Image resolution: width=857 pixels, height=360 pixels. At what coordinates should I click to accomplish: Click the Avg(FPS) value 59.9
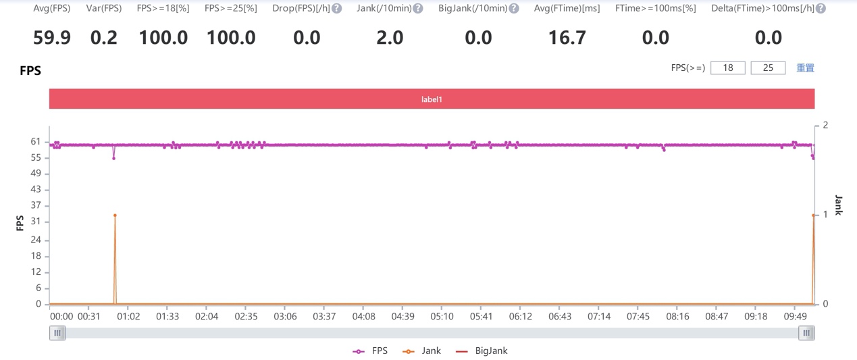(52, 38)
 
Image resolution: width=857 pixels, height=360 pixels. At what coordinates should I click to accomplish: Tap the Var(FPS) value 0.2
(104, 38)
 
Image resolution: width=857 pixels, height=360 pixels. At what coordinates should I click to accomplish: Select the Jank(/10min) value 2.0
(390, 38)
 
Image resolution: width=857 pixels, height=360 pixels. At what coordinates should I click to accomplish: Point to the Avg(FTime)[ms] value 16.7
(567, 38)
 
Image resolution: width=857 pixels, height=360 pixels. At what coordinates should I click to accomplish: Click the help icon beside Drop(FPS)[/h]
(337, 8)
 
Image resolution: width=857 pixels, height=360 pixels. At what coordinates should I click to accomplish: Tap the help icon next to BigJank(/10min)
(514, 8)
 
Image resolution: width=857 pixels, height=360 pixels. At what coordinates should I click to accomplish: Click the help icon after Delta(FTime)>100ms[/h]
(821, 8)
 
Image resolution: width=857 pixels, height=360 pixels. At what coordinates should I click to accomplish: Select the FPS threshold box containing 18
(728, 68)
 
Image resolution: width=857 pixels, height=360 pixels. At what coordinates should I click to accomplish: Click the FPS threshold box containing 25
(768, 68)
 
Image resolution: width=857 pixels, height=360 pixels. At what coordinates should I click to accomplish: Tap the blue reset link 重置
(806, 68)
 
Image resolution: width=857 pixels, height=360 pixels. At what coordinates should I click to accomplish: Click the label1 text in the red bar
(432, 99)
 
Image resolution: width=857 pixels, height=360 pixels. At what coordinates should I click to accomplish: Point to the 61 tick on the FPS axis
(36, 142)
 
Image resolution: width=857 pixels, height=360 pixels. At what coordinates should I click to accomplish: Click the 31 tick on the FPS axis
(36, 221)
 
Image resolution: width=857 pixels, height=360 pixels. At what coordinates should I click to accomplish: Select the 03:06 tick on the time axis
(285, 316)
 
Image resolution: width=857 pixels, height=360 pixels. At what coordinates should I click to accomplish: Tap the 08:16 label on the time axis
(677, 316)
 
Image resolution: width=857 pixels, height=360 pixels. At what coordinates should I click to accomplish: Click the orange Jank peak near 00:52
(115, 215)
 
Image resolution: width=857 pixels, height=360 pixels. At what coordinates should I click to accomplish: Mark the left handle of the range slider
(57, 333)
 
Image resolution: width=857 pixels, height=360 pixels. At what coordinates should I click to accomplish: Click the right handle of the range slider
(806, 333)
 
